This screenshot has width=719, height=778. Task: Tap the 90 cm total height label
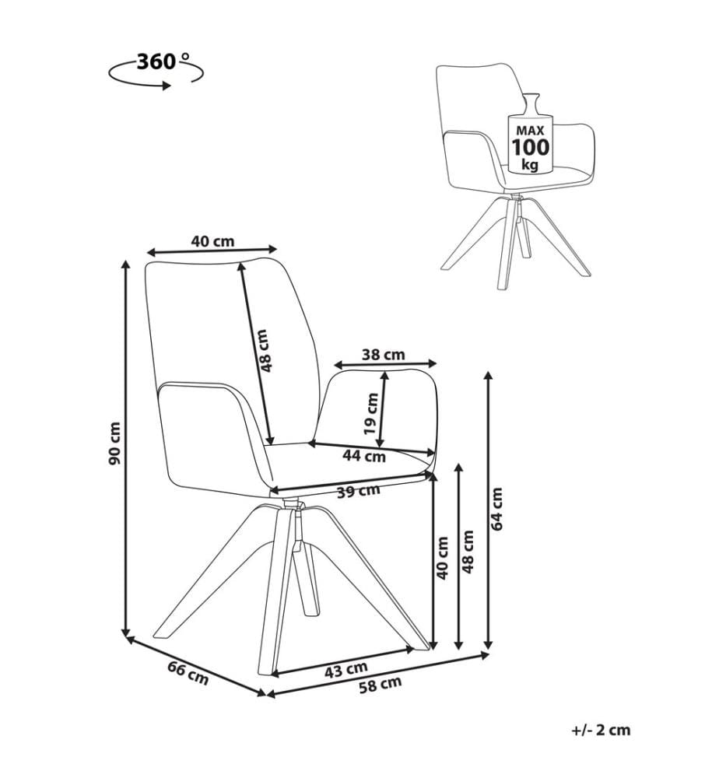click(114, 443)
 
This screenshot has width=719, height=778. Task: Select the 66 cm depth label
click(188, 673)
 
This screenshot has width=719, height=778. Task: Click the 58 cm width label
click(380, 685)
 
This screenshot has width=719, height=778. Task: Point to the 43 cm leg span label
click(345, 670)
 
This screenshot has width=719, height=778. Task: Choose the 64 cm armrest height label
click(496, 509)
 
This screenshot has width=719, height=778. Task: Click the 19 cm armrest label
click(371, 413)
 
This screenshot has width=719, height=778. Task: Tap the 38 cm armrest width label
click(383, 355)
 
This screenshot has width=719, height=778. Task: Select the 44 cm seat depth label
click(364, 455)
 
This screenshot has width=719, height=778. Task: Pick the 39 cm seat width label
click(358, 491)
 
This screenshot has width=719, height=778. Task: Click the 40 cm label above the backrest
click(212, 241)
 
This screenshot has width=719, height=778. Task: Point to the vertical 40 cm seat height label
click(442, 558)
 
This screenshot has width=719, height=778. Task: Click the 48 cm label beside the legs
click(468, 552)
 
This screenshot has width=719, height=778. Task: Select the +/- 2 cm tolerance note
click(601, 730)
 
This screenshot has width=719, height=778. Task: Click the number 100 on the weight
click(531, 147)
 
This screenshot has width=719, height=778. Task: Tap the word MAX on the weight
click(531, 131)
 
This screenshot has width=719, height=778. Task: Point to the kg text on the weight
click(531, 164)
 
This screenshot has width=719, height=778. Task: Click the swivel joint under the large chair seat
click(293, 504)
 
